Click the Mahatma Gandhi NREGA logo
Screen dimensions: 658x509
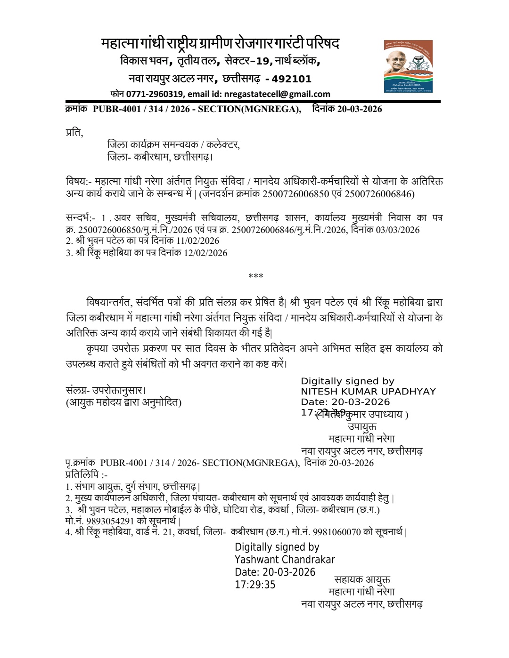(408, 66)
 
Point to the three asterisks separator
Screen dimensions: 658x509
(255, 276)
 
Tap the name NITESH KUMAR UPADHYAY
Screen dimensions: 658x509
(368, 392)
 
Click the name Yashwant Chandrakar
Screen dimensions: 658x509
(285, 560)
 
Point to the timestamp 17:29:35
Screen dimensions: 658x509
(255, 585)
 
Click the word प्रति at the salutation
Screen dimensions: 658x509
(74, 133)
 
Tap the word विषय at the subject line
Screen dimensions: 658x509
(76, 182)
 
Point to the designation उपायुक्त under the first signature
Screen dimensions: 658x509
(362, 427)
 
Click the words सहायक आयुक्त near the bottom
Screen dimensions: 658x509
(362, 580)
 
